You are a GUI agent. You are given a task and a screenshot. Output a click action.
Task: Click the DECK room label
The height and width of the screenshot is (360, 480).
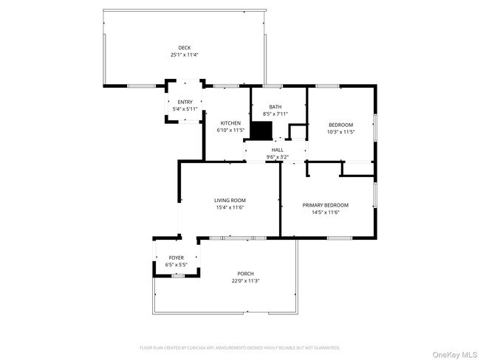point(184,48)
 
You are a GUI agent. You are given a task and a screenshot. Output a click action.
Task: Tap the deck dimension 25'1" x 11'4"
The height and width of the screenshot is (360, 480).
point(184,55)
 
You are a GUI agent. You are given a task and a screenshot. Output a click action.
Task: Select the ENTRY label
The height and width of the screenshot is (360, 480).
point(184,102)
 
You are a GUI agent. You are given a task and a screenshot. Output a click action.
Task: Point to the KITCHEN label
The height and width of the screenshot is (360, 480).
point(230,123)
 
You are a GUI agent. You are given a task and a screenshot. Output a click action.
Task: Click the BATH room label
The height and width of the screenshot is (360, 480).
point(275,107)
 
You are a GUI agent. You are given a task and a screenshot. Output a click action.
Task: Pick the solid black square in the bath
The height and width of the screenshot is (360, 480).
point(261,130)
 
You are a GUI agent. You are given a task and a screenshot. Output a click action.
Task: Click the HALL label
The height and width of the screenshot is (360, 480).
point(277,150)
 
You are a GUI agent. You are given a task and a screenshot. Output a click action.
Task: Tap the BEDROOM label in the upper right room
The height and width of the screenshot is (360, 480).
point(340,125)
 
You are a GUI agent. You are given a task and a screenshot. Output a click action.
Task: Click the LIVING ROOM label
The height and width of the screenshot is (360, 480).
point(230,200)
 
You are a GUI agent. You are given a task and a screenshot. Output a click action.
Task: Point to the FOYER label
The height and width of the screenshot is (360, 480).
point(176,257)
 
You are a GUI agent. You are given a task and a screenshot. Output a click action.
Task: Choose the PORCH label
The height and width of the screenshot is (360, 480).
point(245,274)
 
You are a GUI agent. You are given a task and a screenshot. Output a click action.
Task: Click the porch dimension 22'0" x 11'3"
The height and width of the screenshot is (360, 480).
point(245,280)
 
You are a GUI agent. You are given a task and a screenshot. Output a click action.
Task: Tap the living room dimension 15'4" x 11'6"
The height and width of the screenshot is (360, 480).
point(230,207)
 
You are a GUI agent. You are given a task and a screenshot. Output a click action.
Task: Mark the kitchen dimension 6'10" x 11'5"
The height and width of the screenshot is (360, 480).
point(230,131)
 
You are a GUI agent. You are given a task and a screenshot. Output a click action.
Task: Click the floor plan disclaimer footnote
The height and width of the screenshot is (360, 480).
point(239,347)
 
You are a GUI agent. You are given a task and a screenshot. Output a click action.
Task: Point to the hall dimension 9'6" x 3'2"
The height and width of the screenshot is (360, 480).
point(277,156)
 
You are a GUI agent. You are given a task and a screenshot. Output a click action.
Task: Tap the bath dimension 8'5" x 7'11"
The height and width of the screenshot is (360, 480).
point(275,114)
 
